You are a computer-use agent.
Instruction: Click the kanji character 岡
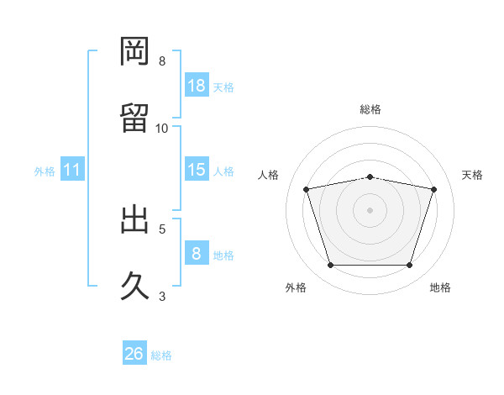pyautogui.click(x=134, y=51)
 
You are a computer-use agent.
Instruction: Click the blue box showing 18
pyautogui.click(x=197, y=86)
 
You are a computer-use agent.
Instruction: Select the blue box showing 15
pyautogui.click(x=197, y=170)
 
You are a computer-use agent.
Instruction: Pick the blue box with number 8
pyautogui.click(x=197, y=254)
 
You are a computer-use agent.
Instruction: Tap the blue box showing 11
pyautogui.click(x=72, y=171)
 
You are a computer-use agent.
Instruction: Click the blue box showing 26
pyautogui.click(x=134, y=354)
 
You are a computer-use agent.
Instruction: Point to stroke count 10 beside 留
pyautogui.click(x=162, y=128)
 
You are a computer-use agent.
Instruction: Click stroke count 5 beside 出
pyautogui.click(x=162, y=228)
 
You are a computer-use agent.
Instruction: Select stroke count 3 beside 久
pyautogui.click(x=162, y=295)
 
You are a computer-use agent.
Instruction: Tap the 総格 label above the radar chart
pyautogui.click(x=370, y=109)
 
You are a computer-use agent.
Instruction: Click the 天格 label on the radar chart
pyautogui.click(x=472, y=175)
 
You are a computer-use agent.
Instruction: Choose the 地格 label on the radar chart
pyautogui.click(x=439, y=287)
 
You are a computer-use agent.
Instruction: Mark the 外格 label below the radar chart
pyautogui.click(x=296, y=287)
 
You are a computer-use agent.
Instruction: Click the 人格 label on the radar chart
pyautogui.click(x=269, y=175)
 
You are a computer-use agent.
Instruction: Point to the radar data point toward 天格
pyautogui.click(x=434, y=189)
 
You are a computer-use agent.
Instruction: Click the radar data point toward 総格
pyautogui.click(x=370, y=176)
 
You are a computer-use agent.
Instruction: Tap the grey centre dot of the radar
pyautogui.click(x=370, y=210)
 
